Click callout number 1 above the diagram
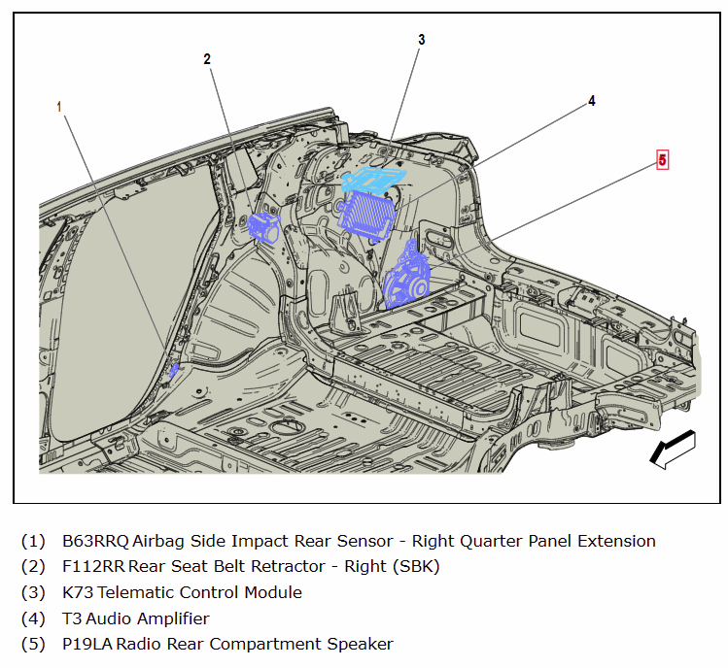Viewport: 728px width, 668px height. (59, 106)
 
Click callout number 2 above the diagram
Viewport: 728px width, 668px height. (207, 59)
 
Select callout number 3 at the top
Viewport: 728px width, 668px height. (422, 40)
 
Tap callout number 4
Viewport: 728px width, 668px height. (591, 101)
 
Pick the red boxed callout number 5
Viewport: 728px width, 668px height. (662, 159)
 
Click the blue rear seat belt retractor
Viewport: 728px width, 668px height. (264, 227)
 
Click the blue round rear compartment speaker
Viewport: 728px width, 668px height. (405, 279)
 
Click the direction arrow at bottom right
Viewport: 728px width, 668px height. (672, 450)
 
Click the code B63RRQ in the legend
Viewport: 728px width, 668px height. (95, 541)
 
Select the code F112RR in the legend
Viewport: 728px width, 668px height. (93, 567)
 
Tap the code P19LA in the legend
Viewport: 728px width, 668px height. (87, 644)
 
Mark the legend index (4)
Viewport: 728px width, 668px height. (33, 618)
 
